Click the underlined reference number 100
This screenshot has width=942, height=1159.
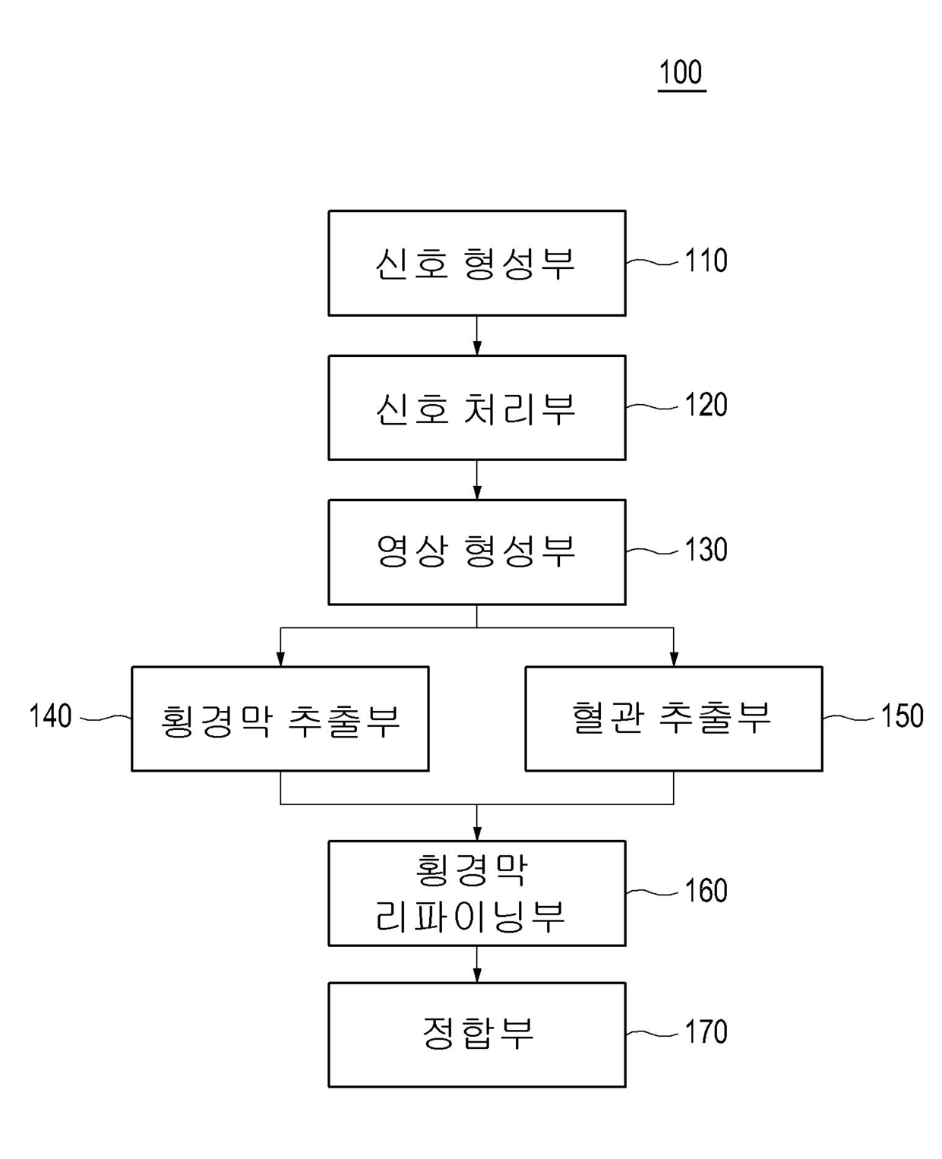681,73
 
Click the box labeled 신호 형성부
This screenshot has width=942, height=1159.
476,263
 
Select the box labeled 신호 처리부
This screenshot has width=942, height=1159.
476,407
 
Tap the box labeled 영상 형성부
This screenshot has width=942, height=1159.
476,551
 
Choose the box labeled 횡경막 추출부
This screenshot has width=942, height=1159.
280,718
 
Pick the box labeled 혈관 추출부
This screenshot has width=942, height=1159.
673,718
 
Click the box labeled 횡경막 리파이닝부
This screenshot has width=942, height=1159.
476,892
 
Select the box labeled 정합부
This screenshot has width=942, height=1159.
476,1034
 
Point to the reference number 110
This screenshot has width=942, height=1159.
706,261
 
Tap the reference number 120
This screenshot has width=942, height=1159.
706,406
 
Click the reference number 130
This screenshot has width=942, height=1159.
706,550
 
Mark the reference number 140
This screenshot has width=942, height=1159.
50,716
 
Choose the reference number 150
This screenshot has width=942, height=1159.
902,716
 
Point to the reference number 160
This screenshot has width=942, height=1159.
706,891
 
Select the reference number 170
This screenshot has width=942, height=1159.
706,1032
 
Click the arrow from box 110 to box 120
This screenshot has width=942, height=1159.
476,336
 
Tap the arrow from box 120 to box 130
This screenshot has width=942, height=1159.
476,480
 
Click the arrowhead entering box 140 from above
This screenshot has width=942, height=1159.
280,658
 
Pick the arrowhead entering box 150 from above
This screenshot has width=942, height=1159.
673,658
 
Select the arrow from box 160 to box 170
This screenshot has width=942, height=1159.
476,964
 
